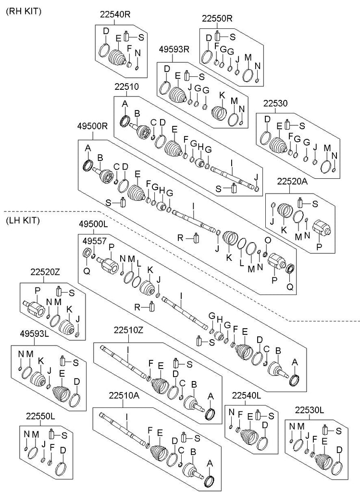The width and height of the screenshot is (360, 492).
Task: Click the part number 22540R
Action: [x=115, y=14]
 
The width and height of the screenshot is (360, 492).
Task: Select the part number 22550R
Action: [x=217, y=19]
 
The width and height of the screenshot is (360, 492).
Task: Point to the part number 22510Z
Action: [x=128, y=330]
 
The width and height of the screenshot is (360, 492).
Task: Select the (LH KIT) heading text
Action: [x=23, y=221]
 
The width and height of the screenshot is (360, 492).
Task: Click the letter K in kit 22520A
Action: [x=284, y=230]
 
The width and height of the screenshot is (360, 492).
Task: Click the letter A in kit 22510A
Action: [x=209, y=463]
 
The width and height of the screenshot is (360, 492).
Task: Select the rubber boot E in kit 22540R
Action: [x=117, y=57]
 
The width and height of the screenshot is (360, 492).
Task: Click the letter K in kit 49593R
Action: [x=222, y=95]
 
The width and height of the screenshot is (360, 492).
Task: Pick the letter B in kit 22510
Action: [x=137, y=114]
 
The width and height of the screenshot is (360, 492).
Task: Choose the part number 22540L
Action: [x=246, y=395]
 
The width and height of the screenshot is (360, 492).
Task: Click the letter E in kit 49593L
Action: [x=62, y=372]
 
